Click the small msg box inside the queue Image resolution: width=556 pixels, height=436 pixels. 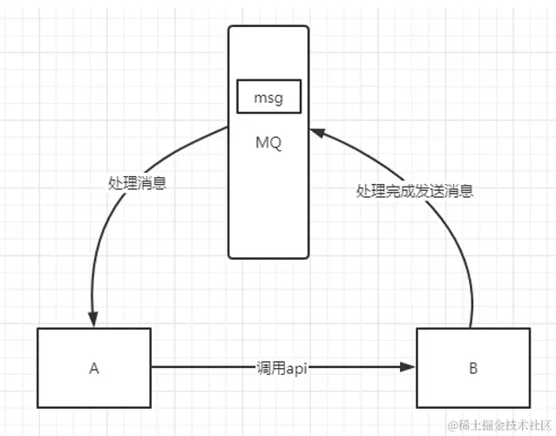click(x=268, y=97)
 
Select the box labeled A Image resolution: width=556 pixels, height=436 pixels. click(x=93, y=368)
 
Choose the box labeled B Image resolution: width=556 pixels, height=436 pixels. click(x=473, y=368)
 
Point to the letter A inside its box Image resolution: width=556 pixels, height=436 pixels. click(x=93, y=368)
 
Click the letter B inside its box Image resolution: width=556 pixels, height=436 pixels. click(x=473, y=368)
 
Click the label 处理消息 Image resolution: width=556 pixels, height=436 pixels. click(x=139, y=184)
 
